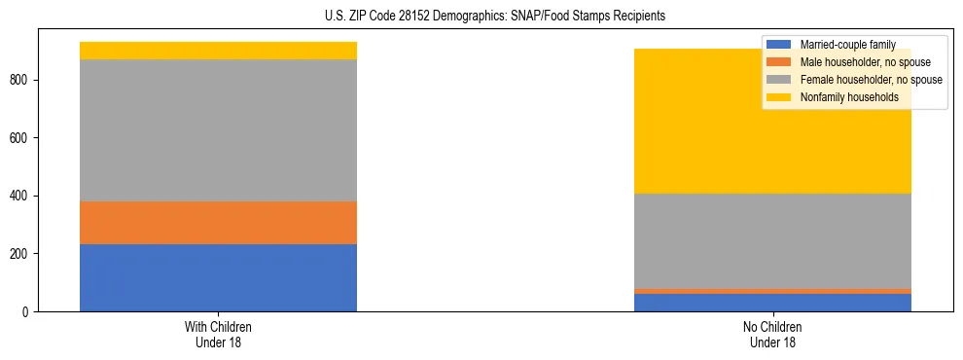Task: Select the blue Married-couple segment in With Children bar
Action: [x=218, y=277]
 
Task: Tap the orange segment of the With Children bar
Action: [x=218, y=223]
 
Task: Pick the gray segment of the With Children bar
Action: [x=218, y=130]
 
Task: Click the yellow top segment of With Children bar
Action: [x=218, y=51]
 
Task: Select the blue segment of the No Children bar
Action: [x=772, y=303]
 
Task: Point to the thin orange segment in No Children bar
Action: [x=772, y=291]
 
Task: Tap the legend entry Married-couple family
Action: [x=846, y=45]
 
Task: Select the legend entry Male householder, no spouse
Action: [x=865, y=62]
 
